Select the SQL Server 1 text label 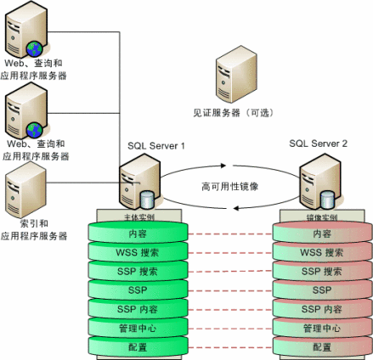pyautogui.click(x=156, y=146)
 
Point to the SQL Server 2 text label pyautogui.click(x=318, y=146)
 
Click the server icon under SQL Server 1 pyautogui.click(x=138, y=184)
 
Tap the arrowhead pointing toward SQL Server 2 pyautogui.click(x=227, y=167)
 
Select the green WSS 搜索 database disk pyautogui.click(x=138, y=252)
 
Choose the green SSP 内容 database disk pyautogui.click(x=138, y=309)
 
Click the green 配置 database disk pyautogui.click(x=138, y=346)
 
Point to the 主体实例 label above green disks pyautogui.click(x=138, y=217)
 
